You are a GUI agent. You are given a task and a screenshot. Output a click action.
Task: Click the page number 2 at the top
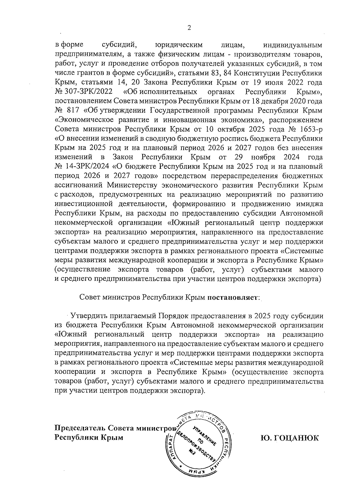(x=189, y=28)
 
